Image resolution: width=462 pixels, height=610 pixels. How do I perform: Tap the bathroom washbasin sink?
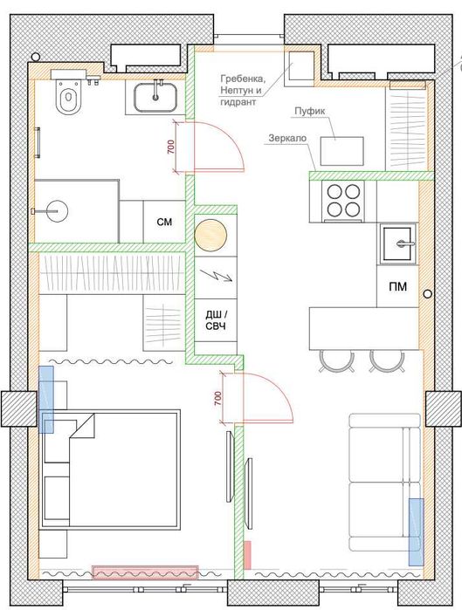tap(155, 97)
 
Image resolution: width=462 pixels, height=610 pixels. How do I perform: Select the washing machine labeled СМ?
tap(164, 222)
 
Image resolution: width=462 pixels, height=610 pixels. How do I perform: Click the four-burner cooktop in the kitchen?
tap(343, 201)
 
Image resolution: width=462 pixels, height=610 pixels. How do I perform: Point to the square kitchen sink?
tap(398, 244)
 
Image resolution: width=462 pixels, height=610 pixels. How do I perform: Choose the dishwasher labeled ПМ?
tap(397, 286)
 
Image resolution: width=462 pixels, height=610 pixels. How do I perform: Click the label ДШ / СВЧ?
tap(215, 319)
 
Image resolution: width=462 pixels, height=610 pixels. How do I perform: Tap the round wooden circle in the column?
tap(210, 236)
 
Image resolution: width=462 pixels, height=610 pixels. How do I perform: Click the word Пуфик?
tap(309, 111)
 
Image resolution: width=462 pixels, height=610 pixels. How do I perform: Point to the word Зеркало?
tap(287, 138)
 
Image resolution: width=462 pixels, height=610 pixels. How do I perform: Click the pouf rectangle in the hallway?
tap(342, 151)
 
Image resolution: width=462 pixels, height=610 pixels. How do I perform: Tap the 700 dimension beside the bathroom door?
tap(170, 147)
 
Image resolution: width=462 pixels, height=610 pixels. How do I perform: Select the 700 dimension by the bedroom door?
tap(217, 398)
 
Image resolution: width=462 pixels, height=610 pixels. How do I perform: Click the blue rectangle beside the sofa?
tap(416, 531)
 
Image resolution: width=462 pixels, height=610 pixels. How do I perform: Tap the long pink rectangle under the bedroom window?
tap(145, 572)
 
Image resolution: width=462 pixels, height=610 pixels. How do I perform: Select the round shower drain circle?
tap(58, 211)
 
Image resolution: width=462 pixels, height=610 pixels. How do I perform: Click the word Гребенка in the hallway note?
tap(243, 79)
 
